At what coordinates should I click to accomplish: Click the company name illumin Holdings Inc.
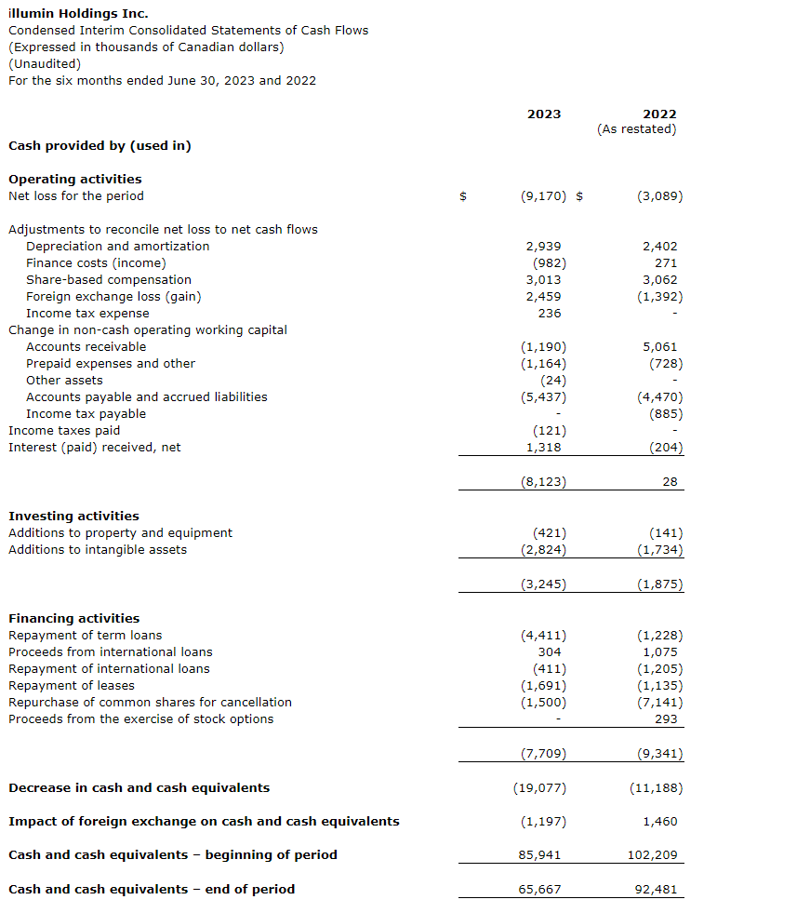click(78, 14)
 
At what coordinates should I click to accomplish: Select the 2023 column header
click(544, 114)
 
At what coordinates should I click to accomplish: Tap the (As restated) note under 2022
click(636, 129)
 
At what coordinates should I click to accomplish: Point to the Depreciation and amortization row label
click(118, 247)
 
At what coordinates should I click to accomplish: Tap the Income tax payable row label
click(86, 414)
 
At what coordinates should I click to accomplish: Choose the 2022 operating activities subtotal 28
click(670, 482)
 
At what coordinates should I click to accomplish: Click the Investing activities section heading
click(73, 517)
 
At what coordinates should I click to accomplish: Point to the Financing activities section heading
click(73, 619)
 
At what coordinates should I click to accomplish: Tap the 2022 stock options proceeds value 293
click(666, 719)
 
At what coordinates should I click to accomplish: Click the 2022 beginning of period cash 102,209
click(655, 855)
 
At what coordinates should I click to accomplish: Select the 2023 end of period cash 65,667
click(539, 890)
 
